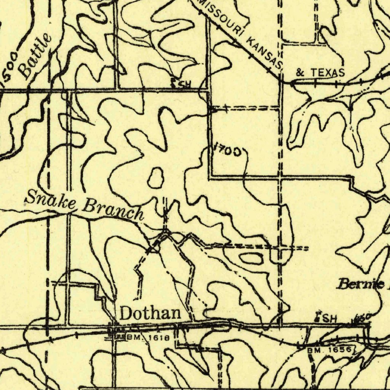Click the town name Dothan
tap(150, 313)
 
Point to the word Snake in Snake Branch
tap(51, 200)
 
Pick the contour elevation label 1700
tap(228, 151)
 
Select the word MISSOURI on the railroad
tap(220, 17)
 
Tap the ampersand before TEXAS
tap(300, 72)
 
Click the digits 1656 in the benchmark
tap(339, 349)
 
